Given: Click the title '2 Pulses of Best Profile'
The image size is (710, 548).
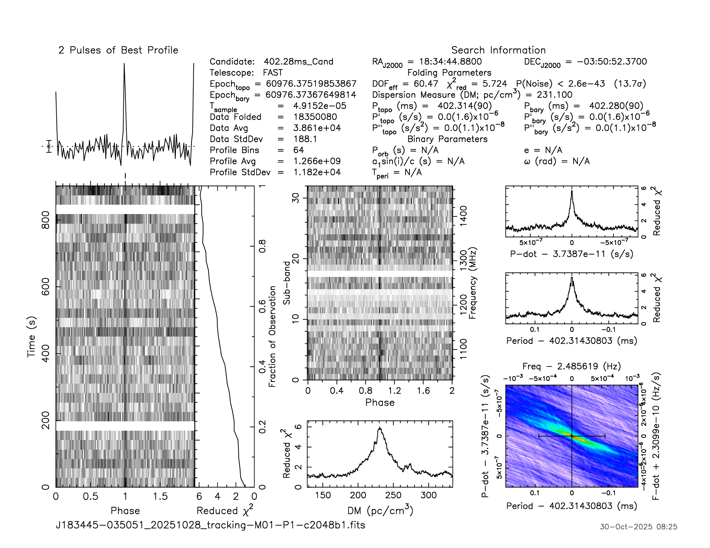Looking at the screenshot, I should pyautogui.click(x=118, y=50).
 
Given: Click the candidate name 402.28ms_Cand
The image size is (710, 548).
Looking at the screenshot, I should pyautogui.click(x=299, y=62).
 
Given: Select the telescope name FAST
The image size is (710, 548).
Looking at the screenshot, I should pyautogui.click(x=273, y=73).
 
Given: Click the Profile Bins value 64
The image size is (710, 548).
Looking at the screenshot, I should pyautogui.click(x=299, y=150).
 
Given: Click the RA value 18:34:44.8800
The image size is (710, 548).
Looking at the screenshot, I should pyautogui.click(x=450, y=62).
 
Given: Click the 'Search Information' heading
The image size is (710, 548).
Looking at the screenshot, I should pyautogui.click(x=498, y=50).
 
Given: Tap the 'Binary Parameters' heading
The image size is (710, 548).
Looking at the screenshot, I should pyautogui.click(x=447, y=139).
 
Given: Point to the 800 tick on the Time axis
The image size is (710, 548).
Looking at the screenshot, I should pyautogui.click(x=46, y=220).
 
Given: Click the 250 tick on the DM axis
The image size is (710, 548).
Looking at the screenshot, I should pyautogui.click(x=393, y=495).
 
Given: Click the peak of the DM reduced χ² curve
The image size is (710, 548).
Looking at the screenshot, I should pyautogui.click(x=380, y=428).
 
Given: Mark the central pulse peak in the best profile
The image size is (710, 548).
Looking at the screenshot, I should pyautogui.click(x=124, y=64).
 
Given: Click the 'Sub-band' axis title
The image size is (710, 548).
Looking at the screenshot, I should pyautogui.click(x=286, y=283).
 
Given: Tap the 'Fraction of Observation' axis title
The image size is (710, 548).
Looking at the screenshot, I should pyautogui.click(x=272, y=336).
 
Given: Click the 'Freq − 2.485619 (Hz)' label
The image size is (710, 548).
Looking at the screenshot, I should pyautogui.click(x=572, y=366).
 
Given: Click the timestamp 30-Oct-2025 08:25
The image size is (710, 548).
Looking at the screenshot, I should pyautogui.click(x=638, y=527).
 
